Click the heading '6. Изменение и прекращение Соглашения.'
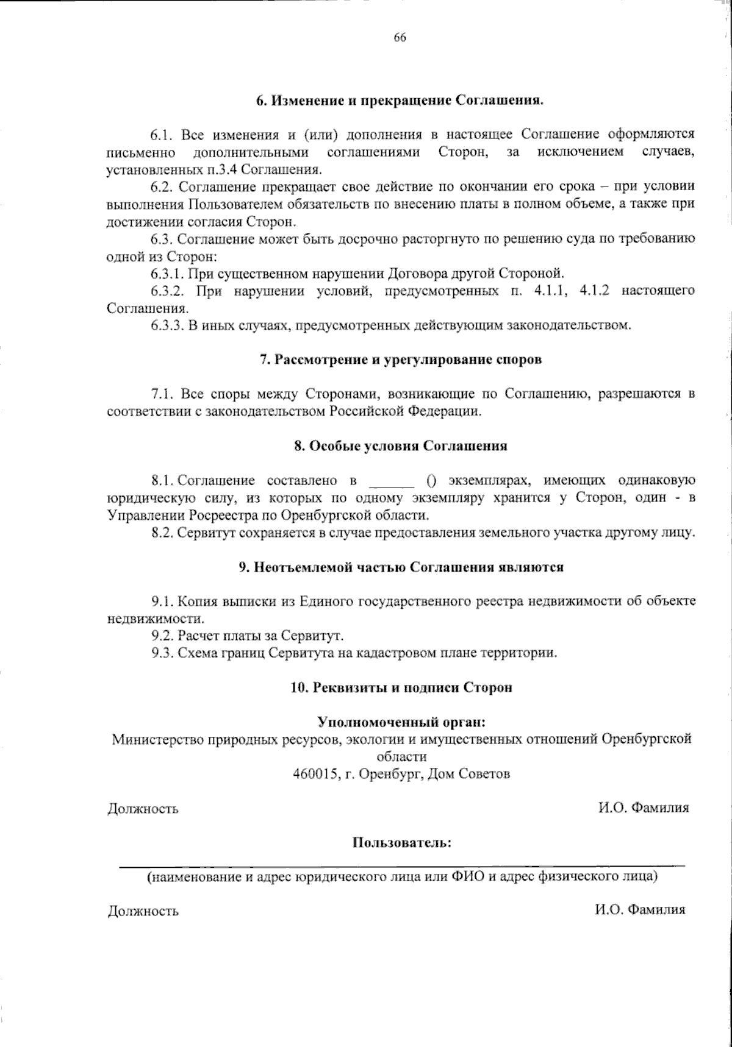[x=400, y=99]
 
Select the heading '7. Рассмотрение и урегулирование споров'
[x=401, y=359]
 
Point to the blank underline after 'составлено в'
[x=393, y=481]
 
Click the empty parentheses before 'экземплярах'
[x=431, y=480]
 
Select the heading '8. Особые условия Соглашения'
[x=401, y=445]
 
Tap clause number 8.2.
[x=163, y=533]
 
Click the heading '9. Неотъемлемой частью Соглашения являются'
[x=401, y=567]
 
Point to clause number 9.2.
[x=163, y=636]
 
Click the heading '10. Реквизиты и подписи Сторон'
[x=401, y=687]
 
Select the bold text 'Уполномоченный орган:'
[x=401, y=722]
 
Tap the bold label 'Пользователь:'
[x=401, y=843]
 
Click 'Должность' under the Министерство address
[x=143, y=809]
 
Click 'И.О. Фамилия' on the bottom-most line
[x=640, y=910]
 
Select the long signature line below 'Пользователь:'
[x=401, y=865]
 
